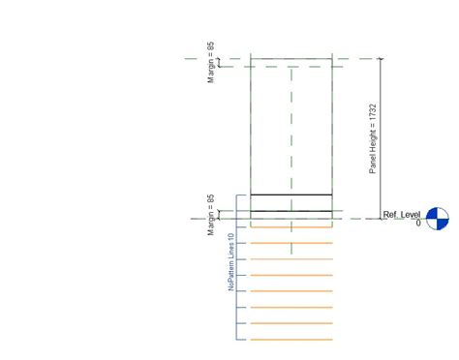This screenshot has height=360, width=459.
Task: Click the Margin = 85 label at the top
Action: coord(211,62)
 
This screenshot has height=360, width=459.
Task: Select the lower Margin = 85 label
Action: coord(211,214)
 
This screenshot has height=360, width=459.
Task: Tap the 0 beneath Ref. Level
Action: coord(418,224)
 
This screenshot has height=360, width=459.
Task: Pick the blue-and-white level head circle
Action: coord(438,219)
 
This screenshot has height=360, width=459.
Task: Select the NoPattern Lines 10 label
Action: coord(231,261)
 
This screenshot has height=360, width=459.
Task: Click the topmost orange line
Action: coord(291,227)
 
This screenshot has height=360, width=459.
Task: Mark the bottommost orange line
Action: coord(291,340)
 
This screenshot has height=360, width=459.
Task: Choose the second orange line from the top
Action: coord(291,243)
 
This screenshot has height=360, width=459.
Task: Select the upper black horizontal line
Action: coord(291,195)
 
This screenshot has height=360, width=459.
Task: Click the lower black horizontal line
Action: coord(291,210)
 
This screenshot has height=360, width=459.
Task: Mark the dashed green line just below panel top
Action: coord(291,68)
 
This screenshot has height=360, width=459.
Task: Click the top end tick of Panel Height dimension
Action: coord(380,58)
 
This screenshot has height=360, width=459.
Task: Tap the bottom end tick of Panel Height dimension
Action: coord(380,218)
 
